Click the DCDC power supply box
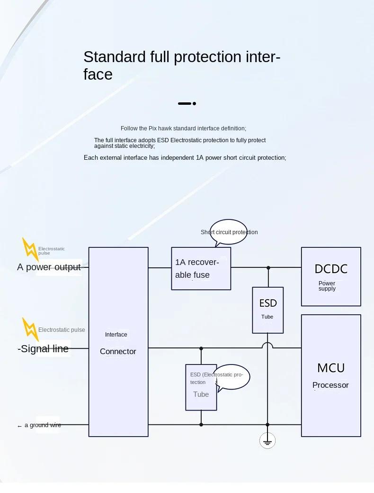331,276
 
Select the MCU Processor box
331,375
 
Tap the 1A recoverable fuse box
201,268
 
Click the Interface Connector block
118,341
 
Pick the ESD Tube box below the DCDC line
267,310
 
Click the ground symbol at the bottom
267,441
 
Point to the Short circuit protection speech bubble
229,232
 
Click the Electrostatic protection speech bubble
232,377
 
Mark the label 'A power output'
49,267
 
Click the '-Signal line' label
43,348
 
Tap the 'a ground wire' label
39,425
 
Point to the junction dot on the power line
268,268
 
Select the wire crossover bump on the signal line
267,346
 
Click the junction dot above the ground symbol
267,425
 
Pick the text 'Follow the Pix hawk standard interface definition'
183,128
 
